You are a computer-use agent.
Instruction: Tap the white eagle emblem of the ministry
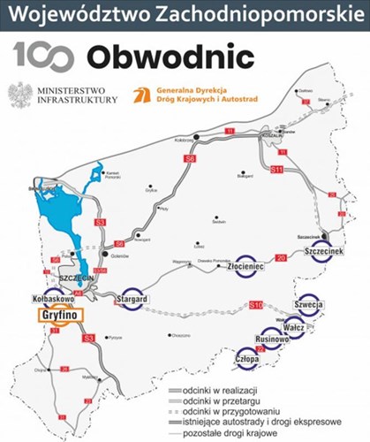pyautogui.click(x=18, y=94)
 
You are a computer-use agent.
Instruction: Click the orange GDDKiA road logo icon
pyautogui.click(x=139, y=94)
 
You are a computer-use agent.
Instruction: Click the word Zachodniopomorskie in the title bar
pyautogui.click(x=250, y=14)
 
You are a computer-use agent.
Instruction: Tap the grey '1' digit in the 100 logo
pyautogui.click(x=19, y=56)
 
